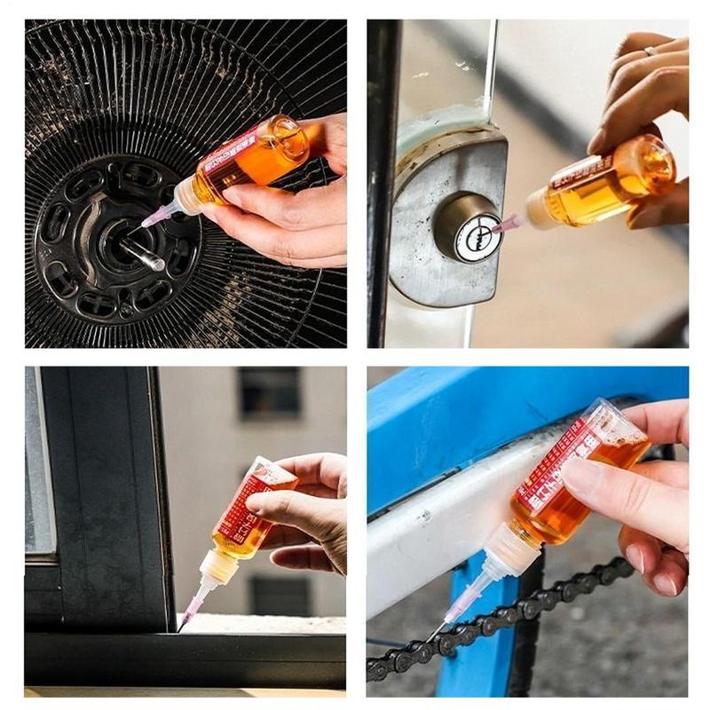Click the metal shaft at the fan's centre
(142, 253)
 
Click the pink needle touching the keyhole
(507, 224)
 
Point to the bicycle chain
(497, 622)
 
